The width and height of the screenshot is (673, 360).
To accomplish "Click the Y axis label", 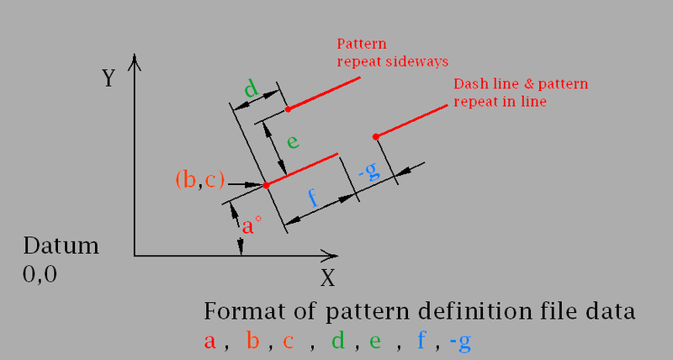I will (109, 79).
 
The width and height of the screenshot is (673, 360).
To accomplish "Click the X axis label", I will (328, 277).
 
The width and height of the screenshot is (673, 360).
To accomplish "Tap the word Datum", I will (61, 247).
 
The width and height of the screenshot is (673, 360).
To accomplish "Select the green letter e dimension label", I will (293, 141).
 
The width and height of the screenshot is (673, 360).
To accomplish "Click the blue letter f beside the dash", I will (313, 199).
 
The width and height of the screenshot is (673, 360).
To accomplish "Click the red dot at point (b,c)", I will (266, 184).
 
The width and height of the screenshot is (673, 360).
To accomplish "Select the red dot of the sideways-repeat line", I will (288, 109).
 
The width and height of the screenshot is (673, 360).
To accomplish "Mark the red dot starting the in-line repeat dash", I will (376, 136).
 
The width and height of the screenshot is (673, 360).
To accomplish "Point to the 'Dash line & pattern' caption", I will (521, 85).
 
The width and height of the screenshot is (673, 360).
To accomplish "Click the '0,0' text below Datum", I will (40, 274).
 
